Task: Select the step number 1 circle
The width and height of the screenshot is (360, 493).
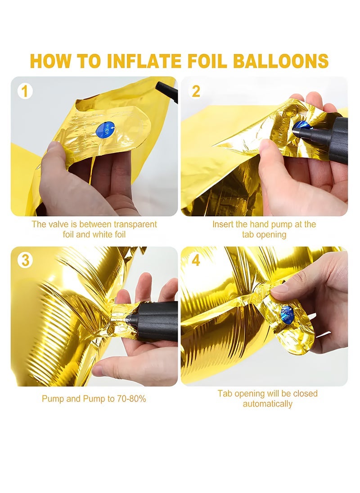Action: (25, 91)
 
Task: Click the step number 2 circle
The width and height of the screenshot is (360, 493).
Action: (196, 91)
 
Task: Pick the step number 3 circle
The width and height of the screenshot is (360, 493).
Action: (25, 260)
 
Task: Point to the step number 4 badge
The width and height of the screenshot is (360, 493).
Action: (196, 260)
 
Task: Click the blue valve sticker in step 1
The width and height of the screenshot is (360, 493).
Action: (105, 131)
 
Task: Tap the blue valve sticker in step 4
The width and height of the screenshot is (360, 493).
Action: (288, 314)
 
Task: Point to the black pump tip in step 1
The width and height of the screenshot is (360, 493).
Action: (166, 92)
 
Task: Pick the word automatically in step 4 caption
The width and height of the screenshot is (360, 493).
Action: (268, 403)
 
